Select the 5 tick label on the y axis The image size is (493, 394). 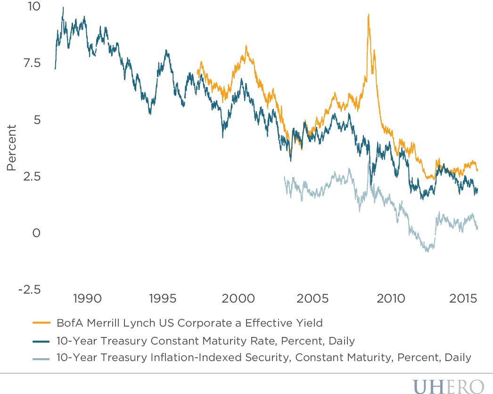tap(38, 120)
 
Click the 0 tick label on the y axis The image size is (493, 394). tap(37, 233)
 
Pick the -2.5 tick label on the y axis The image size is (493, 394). tap(29, 289)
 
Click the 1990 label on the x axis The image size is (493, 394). tap(88, 298)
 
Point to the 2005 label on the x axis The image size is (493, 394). tap(314, 298)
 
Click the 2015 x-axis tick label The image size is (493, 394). tap(464, 298)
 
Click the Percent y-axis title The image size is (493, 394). tap(12, 148)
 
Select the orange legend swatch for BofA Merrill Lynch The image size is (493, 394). tap(41, 323)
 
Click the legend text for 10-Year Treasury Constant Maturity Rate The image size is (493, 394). tap(205, 340)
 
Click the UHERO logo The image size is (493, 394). tap(448, 385)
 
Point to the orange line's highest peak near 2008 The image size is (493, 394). tap(368, 14)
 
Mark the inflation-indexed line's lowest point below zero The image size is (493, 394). tap(427, 251)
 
